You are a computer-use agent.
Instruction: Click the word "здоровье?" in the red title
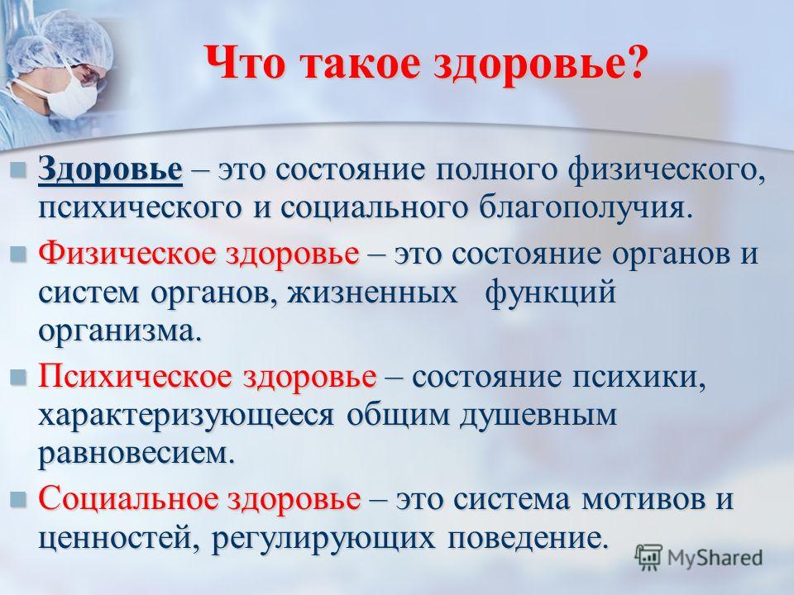point(540,64)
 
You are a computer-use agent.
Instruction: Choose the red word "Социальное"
point(129,499)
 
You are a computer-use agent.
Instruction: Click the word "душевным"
point(538,416)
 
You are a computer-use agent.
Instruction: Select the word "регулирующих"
point(323,539)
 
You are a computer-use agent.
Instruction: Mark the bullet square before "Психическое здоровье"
point(18,378)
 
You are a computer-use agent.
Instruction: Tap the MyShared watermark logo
point(699,558)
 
